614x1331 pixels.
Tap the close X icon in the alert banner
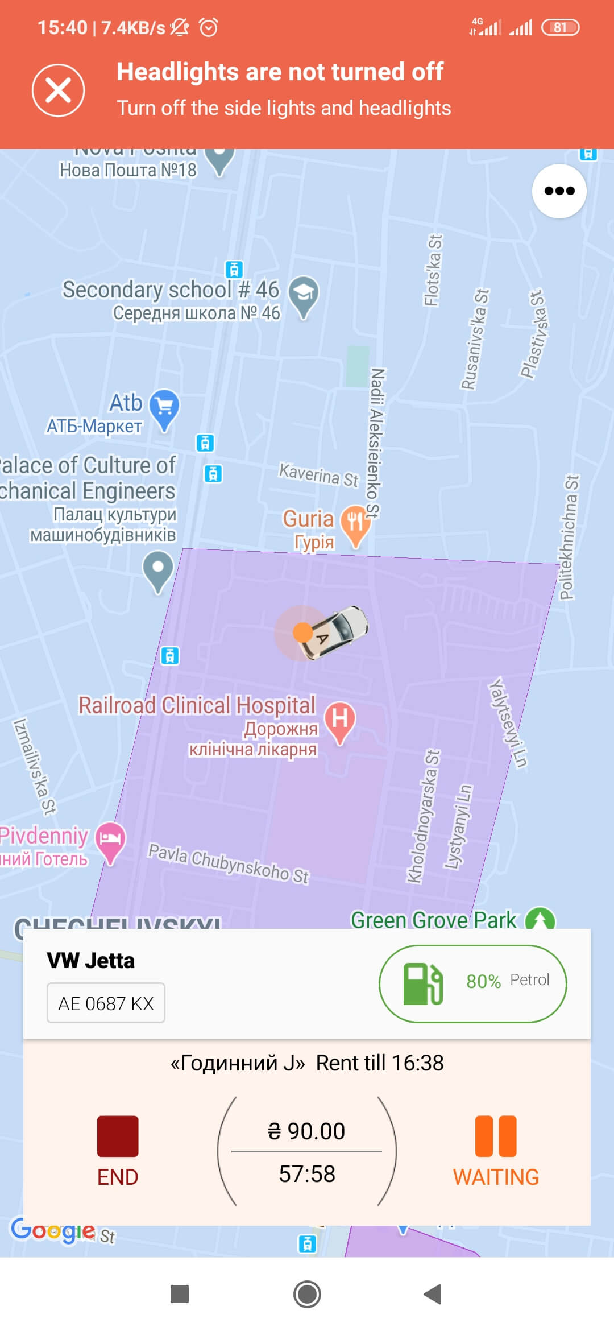(58, 90)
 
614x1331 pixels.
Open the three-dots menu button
(559, 191)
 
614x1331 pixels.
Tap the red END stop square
(118, 1136)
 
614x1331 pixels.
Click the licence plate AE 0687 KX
(106, 1003)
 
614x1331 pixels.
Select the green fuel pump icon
(422, 983)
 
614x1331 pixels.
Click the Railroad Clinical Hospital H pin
(340, 721)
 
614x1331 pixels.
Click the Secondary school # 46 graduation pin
(304, 294)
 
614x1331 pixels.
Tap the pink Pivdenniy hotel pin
(110, 840)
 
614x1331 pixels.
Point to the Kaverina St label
(318, 475)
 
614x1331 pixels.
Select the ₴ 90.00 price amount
(306, 1131)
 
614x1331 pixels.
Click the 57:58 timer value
(307, 1174)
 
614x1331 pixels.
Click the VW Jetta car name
(91, 961)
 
